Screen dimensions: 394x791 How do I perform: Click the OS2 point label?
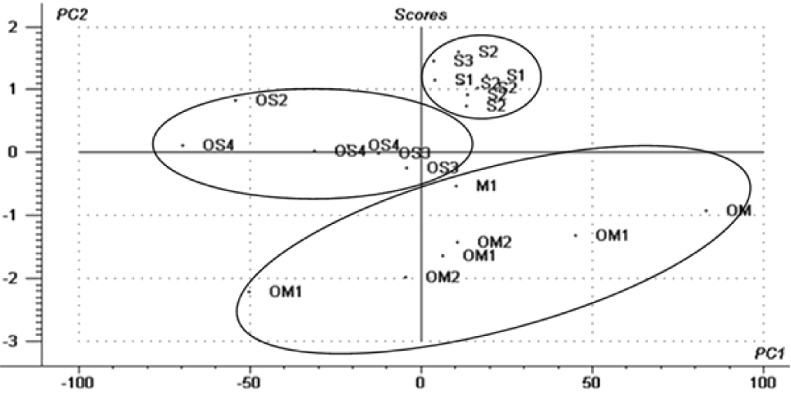[x=272, y=100]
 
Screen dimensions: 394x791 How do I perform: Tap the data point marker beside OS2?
[x=236, y=100]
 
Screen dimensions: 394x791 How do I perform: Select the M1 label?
[x=485, y=185]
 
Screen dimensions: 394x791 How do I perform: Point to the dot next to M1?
[x=456, y=185]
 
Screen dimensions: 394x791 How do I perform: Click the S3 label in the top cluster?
[x=463, y=60]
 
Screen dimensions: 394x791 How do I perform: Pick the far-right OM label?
[x=739, y=211]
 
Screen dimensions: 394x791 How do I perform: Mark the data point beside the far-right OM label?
[x=705, y=210]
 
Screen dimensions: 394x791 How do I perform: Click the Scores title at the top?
[x=421, y=14]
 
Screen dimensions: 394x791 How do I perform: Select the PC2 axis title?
[x=70, y=15]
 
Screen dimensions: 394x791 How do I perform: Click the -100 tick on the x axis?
[x=79, y=382]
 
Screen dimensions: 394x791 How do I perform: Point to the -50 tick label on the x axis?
[x=250, y=382]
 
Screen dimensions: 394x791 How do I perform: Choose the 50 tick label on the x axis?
[x=592, y=382]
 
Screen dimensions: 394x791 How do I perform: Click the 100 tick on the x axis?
[x=763, y=382]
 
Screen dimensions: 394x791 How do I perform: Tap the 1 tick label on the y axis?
[x=32, y=90]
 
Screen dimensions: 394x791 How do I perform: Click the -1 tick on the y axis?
[x=29, y=216]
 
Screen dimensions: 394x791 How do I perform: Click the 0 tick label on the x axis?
[x=421, y=382]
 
